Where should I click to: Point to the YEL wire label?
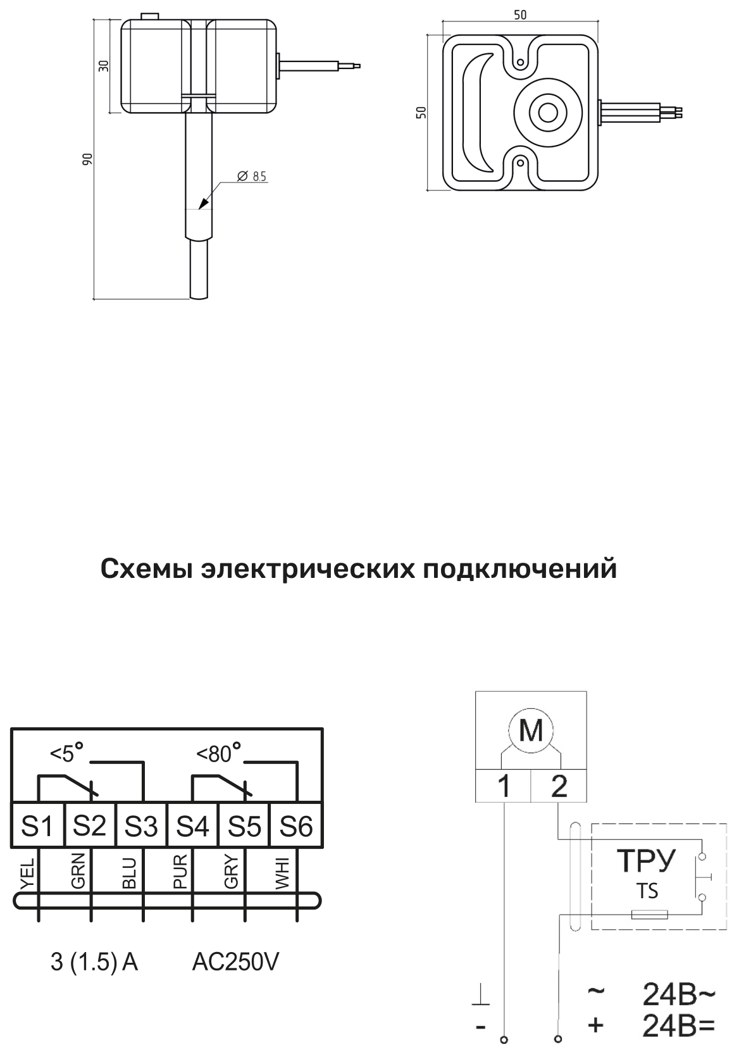coord(28,872)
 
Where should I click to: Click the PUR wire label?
coord(181,871)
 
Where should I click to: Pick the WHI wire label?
coord(283,873)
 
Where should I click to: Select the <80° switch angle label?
coord(219,755)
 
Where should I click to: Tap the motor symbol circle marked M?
coord(531,730)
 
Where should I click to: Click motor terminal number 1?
coord(504,786)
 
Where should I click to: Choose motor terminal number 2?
coord(559,786)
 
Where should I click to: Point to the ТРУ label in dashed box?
coord(647,861)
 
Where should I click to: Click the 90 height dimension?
coord(87,160)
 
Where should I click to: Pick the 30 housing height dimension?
coord(104,66)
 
